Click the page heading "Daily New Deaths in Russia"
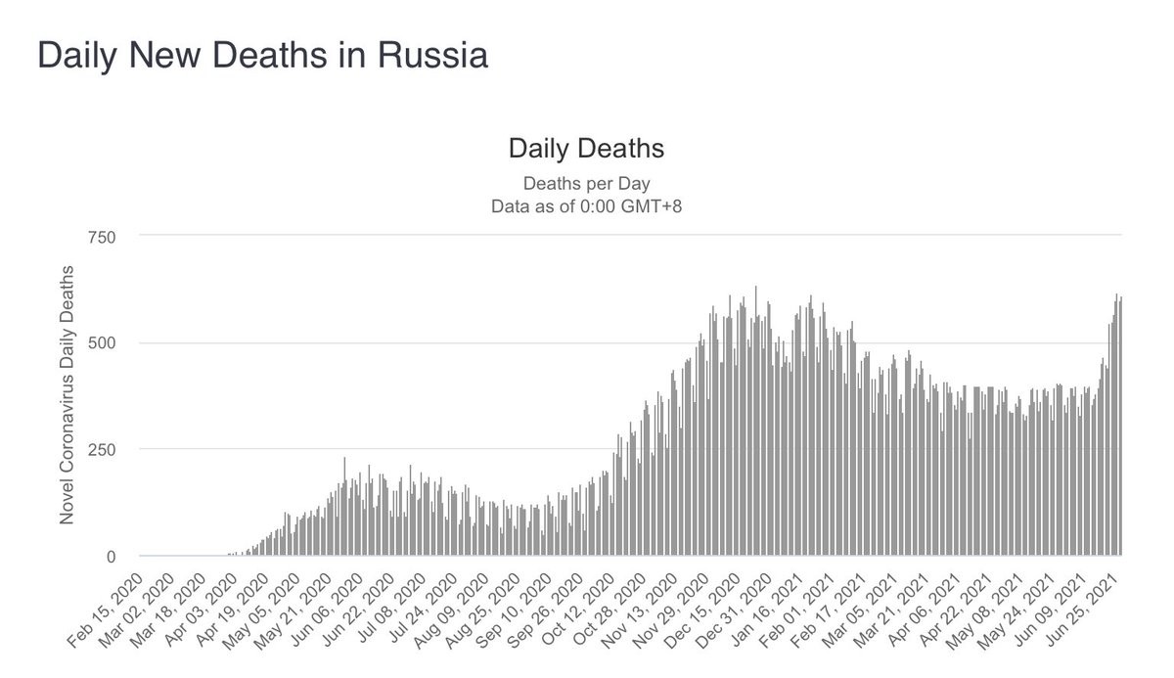[262, 55]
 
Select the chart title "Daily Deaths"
[586, 150]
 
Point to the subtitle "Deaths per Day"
[586, 183]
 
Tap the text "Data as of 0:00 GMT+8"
[586, 205]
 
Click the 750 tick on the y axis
[101, 237]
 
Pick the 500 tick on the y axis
[101, 343]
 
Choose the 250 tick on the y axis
[101, 450]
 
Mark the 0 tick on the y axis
[110, 557]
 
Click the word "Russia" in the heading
[428, 55]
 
